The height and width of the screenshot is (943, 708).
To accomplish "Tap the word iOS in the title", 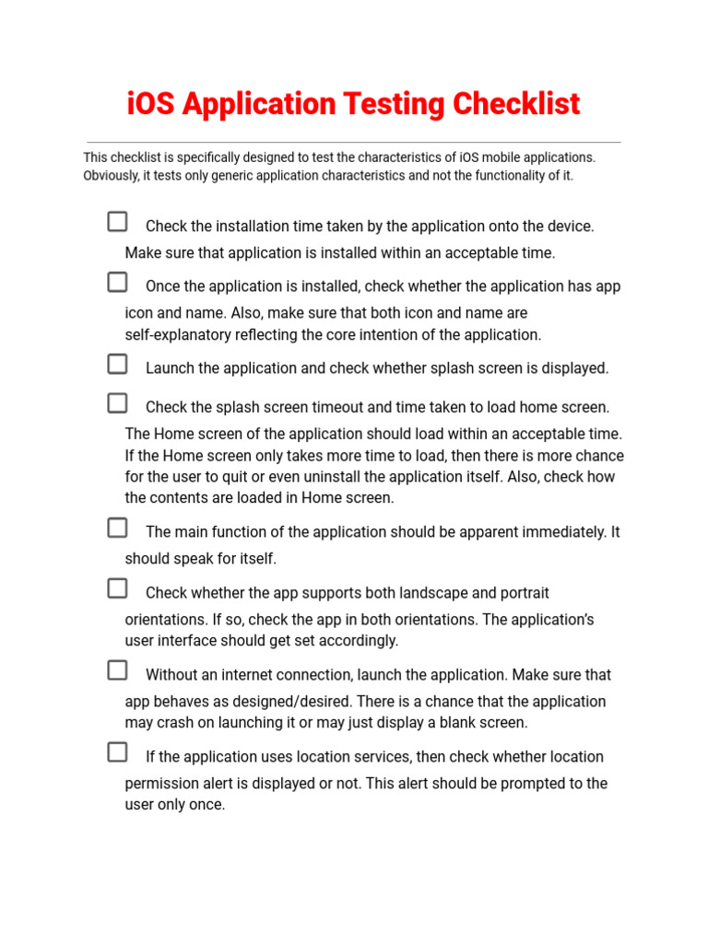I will click(x=151, y=104).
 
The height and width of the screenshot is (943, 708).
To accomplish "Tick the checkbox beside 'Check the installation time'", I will click(x=117, y=222).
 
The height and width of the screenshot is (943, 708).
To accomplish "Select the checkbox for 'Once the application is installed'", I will click(x=117, y=282).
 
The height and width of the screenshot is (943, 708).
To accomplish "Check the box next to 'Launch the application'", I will click(x=117, y=364).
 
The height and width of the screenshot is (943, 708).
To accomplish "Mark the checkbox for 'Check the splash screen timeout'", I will click(x=117, y=402).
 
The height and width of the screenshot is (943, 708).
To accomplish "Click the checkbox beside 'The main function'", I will click(x=117, y=528).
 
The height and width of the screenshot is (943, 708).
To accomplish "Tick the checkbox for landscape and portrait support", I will click(x=117, y=588).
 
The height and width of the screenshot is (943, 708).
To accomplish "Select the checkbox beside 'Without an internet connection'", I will click(x=117, y=670).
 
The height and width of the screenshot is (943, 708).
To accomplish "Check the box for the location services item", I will click(x=117, y=752).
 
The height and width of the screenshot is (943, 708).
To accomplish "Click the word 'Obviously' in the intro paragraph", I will click(x=112, y=176).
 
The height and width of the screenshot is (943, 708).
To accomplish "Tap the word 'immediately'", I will click(x=563, y=532).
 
